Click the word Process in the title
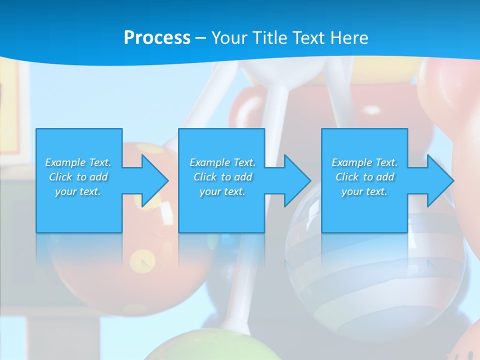157,38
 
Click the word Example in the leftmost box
65,162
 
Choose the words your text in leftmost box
78,191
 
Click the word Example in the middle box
209,162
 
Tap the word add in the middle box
242,177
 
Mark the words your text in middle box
222,191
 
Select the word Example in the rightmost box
351,162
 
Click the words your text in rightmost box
364,191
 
